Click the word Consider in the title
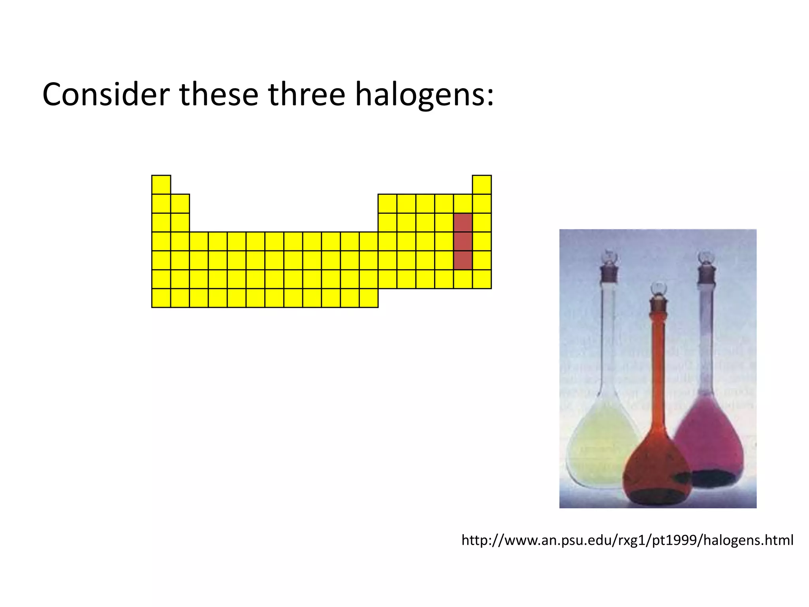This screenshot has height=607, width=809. click(x=106, y=95)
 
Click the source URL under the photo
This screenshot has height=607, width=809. click(x=627, y=540)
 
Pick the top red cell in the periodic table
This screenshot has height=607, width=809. click(x=463, y=222)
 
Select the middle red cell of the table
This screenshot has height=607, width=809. click(x=463, y=241)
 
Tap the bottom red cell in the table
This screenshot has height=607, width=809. click(x=463, y=260)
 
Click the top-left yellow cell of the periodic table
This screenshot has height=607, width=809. click(x=161, y=185)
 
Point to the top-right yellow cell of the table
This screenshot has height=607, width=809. click(x=482, y=185)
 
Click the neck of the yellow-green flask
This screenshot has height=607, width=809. click(x=608, y=336)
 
